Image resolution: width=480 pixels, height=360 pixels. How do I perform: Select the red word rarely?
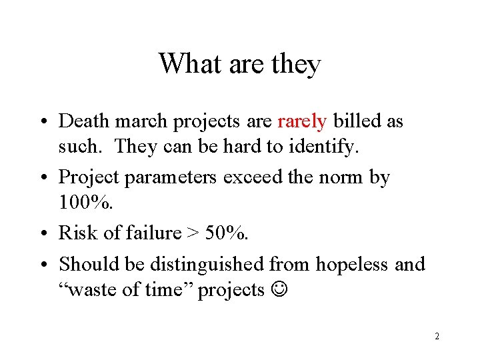pos(302,121)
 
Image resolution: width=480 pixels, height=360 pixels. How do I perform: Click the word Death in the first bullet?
pos(81,121)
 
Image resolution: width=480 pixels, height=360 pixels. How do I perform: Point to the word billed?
pos(357,121)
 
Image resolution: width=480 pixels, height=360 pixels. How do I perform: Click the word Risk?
pos(75,233)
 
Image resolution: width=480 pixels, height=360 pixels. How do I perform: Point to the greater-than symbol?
pos(191,233)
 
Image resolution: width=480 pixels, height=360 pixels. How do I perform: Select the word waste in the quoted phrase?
pos(91,291)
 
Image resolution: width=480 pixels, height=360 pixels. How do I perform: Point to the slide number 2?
pos(437,336)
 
